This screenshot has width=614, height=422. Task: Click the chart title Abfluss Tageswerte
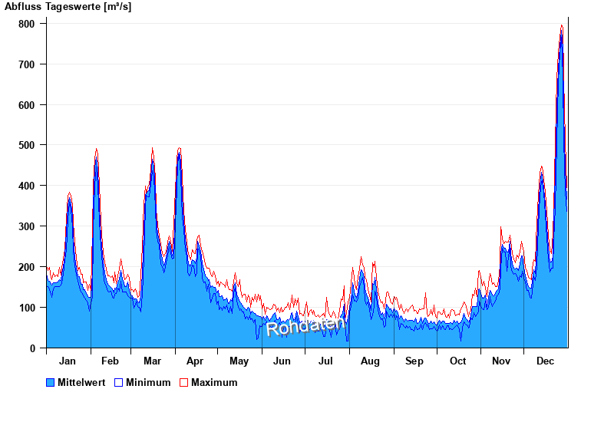pyautogui.click(x=58, y=7)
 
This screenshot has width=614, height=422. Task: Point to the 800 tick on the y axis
pyautogui.click(x=28, y=24)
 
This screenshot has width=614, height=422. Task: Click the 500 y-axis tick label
pyautogui.click(x=28, y=145)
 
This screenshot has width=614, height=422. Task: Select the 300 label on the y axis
pyautogui.click(x=28, y=226)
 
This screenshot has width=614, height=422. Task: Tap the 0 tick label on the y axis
pyautogui.click(x=32, y=348)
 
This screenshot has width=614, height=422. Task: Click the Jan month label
pyautogui.click(x=68, y=361)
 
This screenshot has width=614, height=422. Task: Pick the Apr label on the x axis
pyautogui.click(x=195, y=361)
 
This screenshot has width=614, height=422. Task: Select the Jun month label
pyautogui.click(x=282, y=361)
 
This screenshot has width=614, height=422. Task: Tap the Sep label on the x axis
pyautogui.click(x=414, y=361)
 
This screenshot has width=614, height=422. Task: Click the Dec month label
pyautogui.click(x=546, y=361)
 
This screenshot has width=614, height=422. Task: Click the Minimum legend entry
pyautogui.click(x=148, y=383)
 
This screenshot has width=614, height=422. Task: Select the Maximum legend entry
pyautogui.click(x=214, y=383)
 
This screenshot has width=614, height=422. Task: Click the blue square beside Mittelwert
pyautogui.click(x=51, y=383)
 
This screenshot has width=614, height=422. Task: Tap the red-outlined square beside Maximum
pyautogui.click(x=183, y=383)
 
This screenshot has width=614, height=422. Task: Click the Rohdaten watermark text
pyautogui.click(x=305, y=326)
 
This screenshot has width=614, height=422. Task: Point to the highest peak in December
pyautogui.click(x=562, y=27)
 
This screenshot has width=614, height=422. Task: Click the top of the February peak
pyautogui.click(x=96, y=150)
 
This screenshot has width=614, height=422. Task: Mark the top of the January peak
pyautogui.click(x=69, y=193)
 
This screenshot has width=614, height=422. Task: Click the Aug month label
pyautogui.click(x=370, y=361)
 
